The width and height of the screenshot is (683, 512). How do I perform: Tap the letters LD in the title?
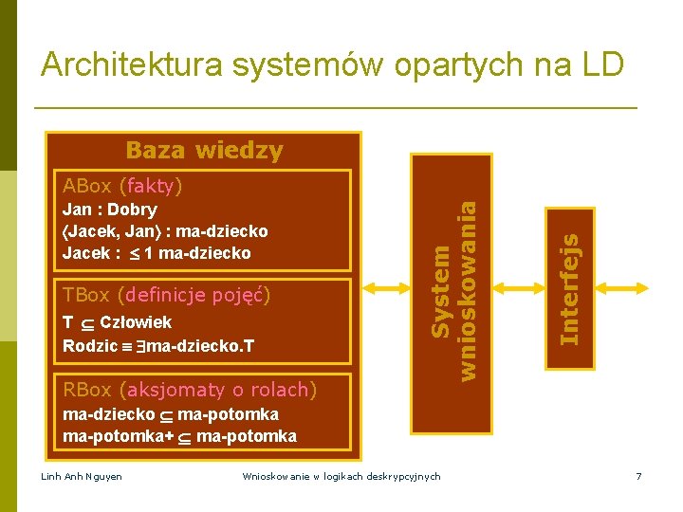click(x=601, y=64)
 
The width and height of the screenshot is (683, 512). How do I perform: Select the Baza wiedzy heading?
click(x=204, y=150)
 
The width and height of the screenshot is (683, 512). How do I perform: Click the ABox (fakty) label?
click(x=121, y=184)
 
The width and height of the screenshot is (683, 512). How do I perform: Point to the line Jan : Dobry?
click(x=110, y=210)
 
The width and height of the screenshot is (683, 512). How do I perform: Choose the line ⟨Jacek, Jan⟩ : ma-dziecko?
click(x=165, y=231)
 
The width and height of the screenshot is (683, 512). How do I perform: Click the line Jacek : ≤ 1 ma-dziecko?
click(x=157, y=253)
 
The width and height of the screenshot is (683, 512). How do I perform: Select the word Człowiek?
click(x=136, y=322)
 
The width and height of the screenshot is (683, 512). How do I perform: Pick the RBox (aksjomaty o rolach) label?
click(x=189, y=389)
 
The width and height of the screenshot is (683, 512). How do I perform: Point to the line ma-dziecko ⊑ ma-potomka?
click(x=170, y=414)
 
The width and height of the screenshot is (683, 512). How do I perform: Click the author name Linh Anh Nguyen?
click(x=83, y=475)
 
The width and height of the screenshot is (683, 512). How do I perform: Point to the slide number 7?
click(x=639, y=475)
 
